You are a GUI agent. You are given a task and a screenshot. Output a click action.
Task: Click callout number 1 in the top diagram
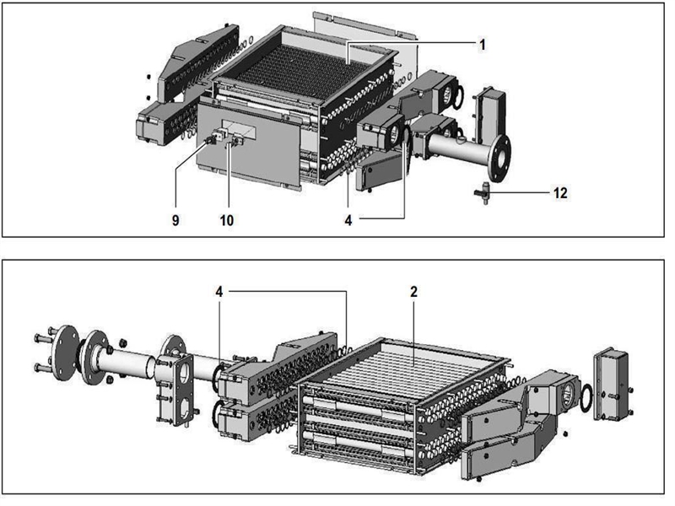coord(482,45)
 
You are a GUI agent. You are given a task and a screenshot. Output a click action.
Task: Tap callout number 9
coord(176,220)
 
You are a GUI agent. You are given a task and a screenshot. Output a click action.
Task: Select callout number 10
coord(226,220)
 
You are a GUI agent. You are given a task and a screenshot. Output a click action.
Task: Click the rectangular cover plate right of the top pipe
coord(489,110)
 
